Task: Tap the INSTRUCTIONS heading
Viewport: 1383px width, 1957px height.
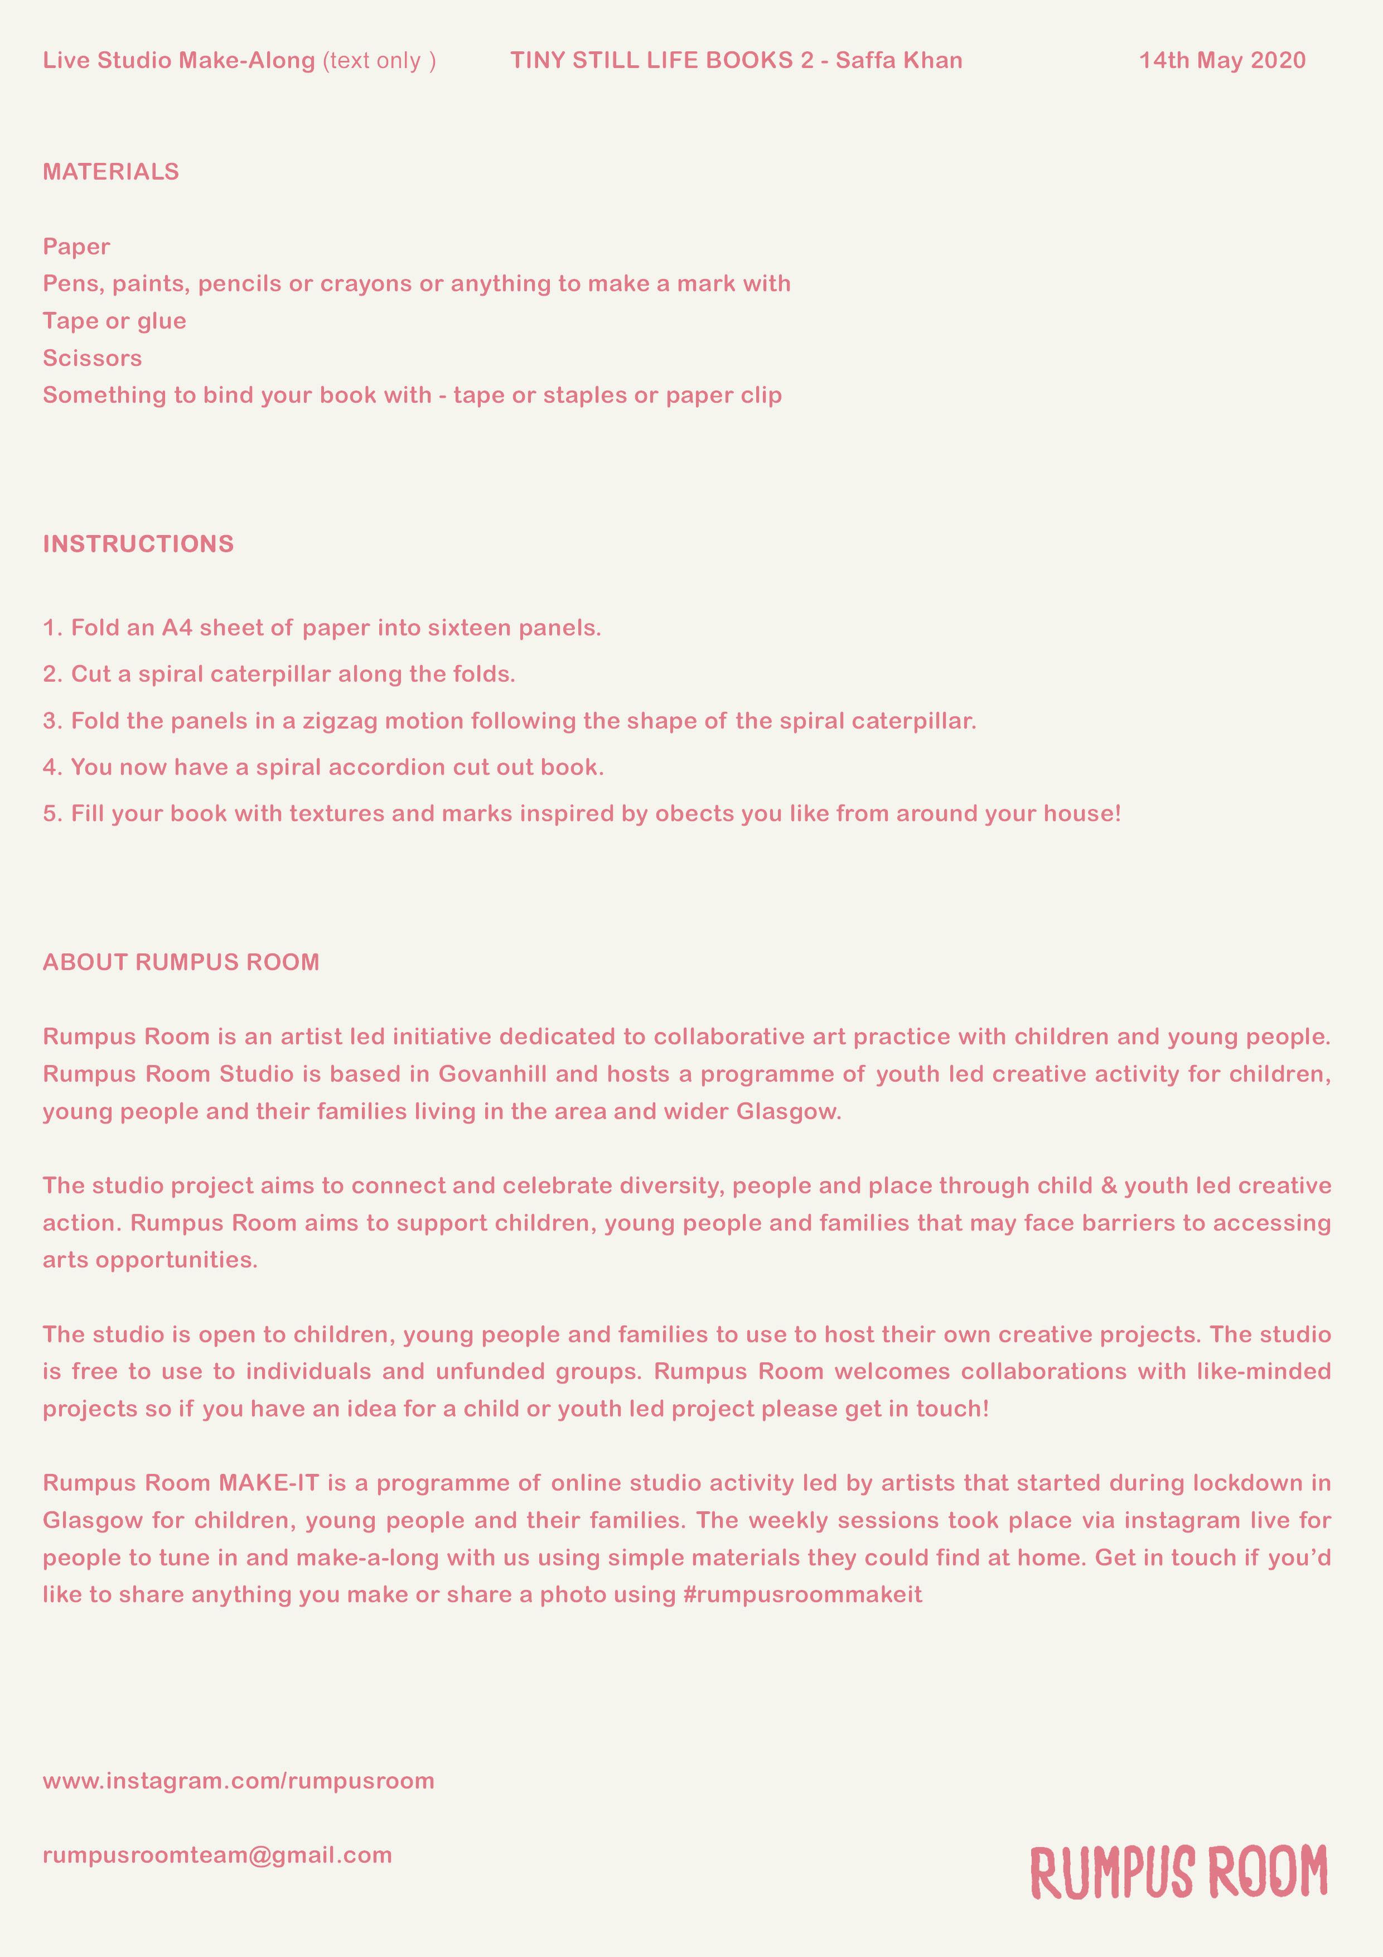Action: (x=138, y=544)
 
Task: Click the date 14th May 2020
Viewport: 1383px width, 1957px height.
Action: (x=1222, y=60)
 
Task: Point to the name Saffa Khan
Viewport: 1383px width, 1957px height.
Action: (x=899, y=60)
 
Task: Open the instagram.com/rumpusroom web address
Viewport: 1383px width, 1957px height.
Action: (x=239, y=1781)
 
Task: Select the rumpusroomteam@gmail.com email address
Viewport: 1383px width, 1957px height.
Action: (x=217, y=1855)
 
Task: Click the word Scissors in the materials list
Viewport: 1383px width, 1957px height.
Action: (x=92, y=358)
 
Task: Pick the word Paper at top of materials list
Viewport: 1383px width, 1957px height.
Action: (x=77, y=247)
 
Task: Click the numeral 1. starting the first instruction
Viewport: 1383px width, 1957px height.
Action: (x=53, y=628)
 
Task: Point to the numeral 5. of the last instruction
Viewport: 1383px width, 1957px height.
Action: (x=53, y=814)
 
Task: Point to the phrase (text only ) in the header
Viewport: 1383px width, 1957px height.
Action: (x=379, y=60)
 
